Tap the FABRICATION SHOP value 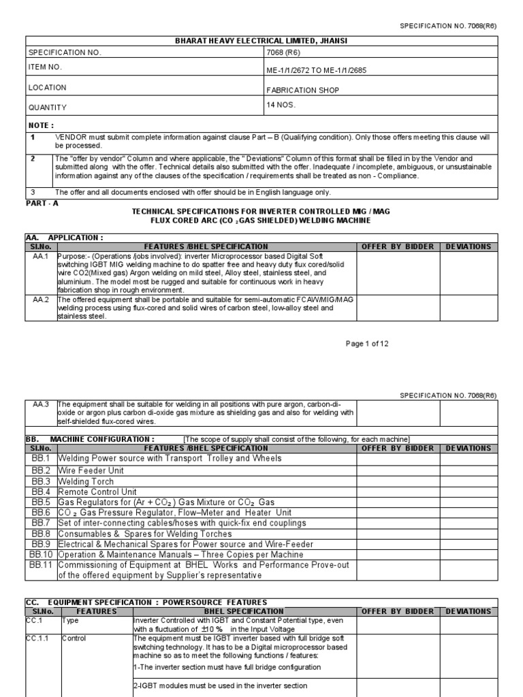(x=302, y=90)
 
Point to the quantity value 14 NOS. (x=283, y=106)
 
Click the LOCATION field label (x=47, y=88)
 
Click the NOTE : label (x=40, y=125)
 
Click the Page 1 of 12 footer (x=367, y=344)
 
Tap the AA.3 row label (x=41, y=403)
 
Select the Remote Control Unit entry (x=97, y=491)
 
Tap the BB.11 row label (x=41, y=565)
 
